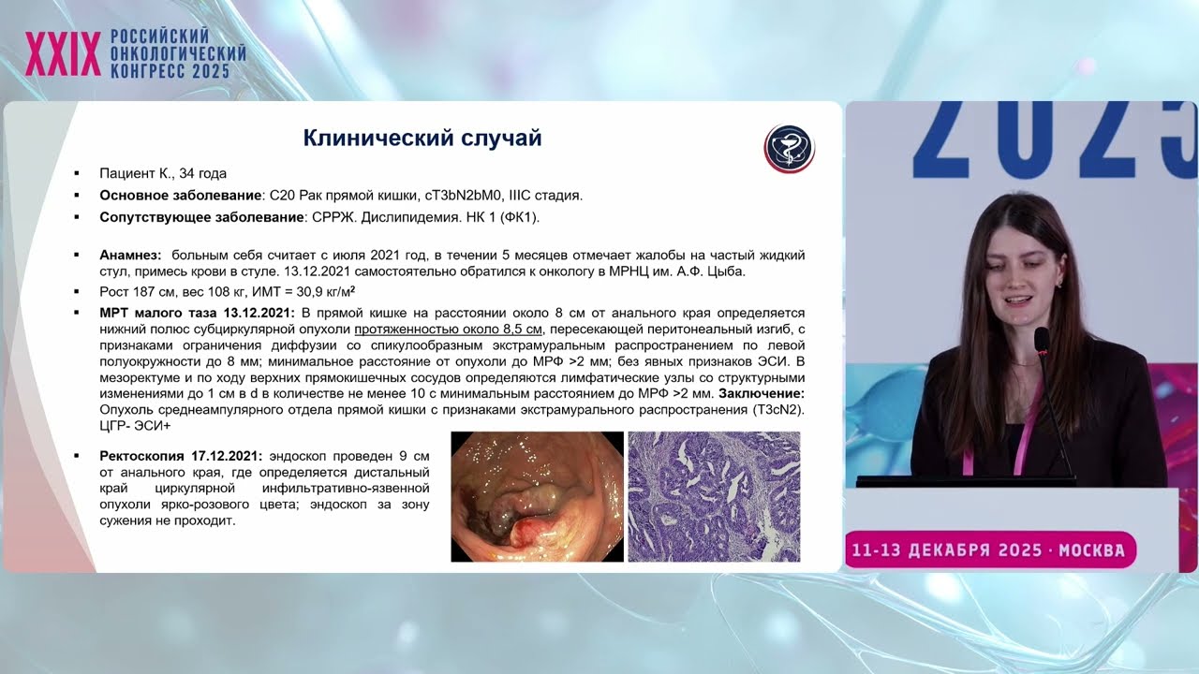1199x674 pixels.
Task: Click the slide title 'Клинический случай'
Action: point(422,139)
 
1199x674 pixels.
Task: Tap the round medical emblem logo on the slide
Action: point(790,148)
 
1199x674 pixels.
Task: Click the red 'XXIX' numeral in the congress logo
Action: point(63,55)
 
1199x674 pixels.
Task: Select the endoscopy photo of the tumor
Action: point(537,496)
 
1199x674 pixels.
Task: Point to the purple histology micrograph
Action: point(714,496)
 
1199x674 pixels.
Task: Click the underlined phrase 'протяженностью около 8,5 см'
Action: point(449,330)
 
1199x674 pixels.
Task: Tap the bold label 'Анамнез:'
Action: point(130,256)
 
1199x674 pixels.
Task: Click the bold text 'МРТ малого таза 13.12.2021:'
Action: point(198,313)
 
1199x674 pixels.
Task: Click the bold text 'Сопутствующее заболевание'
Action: point(200,217)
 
